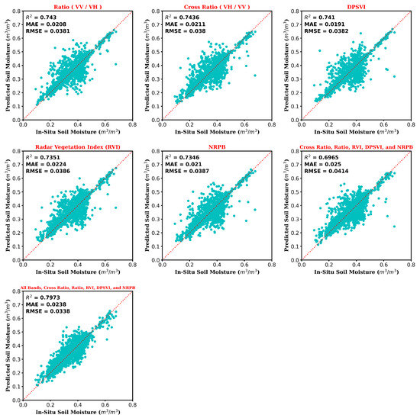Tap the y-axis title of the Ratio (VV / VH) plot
pyautogui.click(x=6, y=66)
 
